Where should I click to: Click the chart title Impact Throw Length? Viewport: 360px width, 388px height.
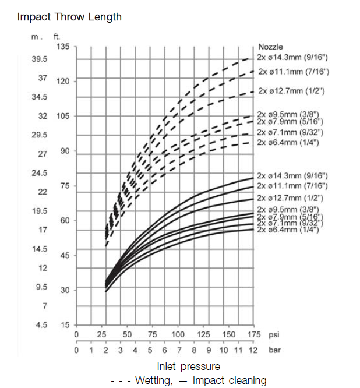(69, 16)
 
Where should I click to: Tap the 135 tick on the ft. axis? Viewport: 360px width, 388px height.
(62, 46)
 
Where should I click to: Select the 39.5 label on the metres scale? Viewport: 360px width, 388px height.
(39, 59)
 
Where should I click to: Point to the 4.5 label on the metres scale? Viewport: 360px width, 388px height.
(41, 324)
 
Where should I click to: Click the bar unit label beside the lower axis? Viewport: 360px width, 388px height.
(274, 351)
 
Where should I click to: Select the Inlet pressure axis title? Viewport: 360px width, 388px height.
(189, 366)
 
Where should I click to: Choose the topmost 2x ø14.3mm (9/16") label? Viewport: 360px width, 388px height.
(293, 58)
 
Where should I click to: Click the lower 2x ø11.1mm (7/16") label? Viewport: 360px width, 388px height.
(292, 186)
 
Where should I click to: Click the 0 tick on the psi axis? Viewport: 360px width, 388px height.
(76, 335)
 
